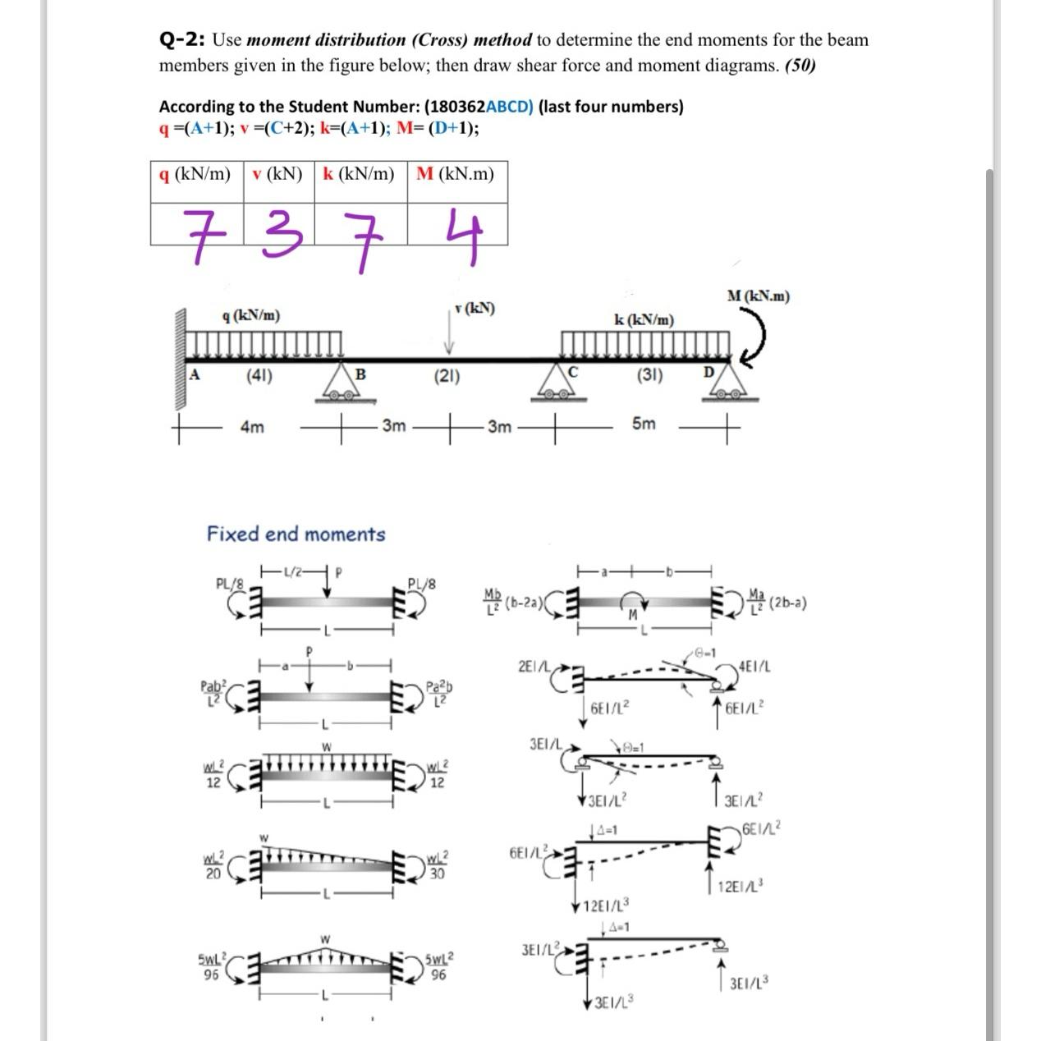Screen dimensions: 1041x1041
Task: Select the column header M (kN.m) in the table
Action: click(456, 174)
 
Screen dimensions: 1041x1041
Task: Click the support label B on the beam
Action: click(360, 375)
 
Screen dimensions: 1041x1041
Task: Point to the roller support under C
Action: click(562, 385)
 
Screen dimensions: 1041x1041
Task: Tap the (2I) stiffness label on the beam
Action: click(447, 377)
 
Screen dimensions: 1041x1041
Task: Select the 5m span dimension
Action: click(644, 424)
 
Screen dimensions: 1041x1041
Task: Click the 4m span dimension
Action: click(252, 427)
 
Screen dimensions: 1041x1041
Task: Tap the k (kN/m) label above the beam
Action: click(644, 319)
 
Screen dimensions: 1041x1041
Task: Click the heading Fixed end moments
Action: click(296, 534)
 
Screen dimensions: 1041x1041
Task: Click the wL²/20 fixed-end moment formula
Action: click(213, 865)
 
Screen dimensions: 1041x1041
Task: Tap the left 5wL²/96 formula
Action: click(210, 966)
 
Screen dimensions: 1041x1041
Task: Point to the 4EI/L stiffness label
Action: click(754, 667)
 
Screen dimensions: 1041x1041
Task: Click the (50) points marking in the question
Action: click(800, 66)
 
